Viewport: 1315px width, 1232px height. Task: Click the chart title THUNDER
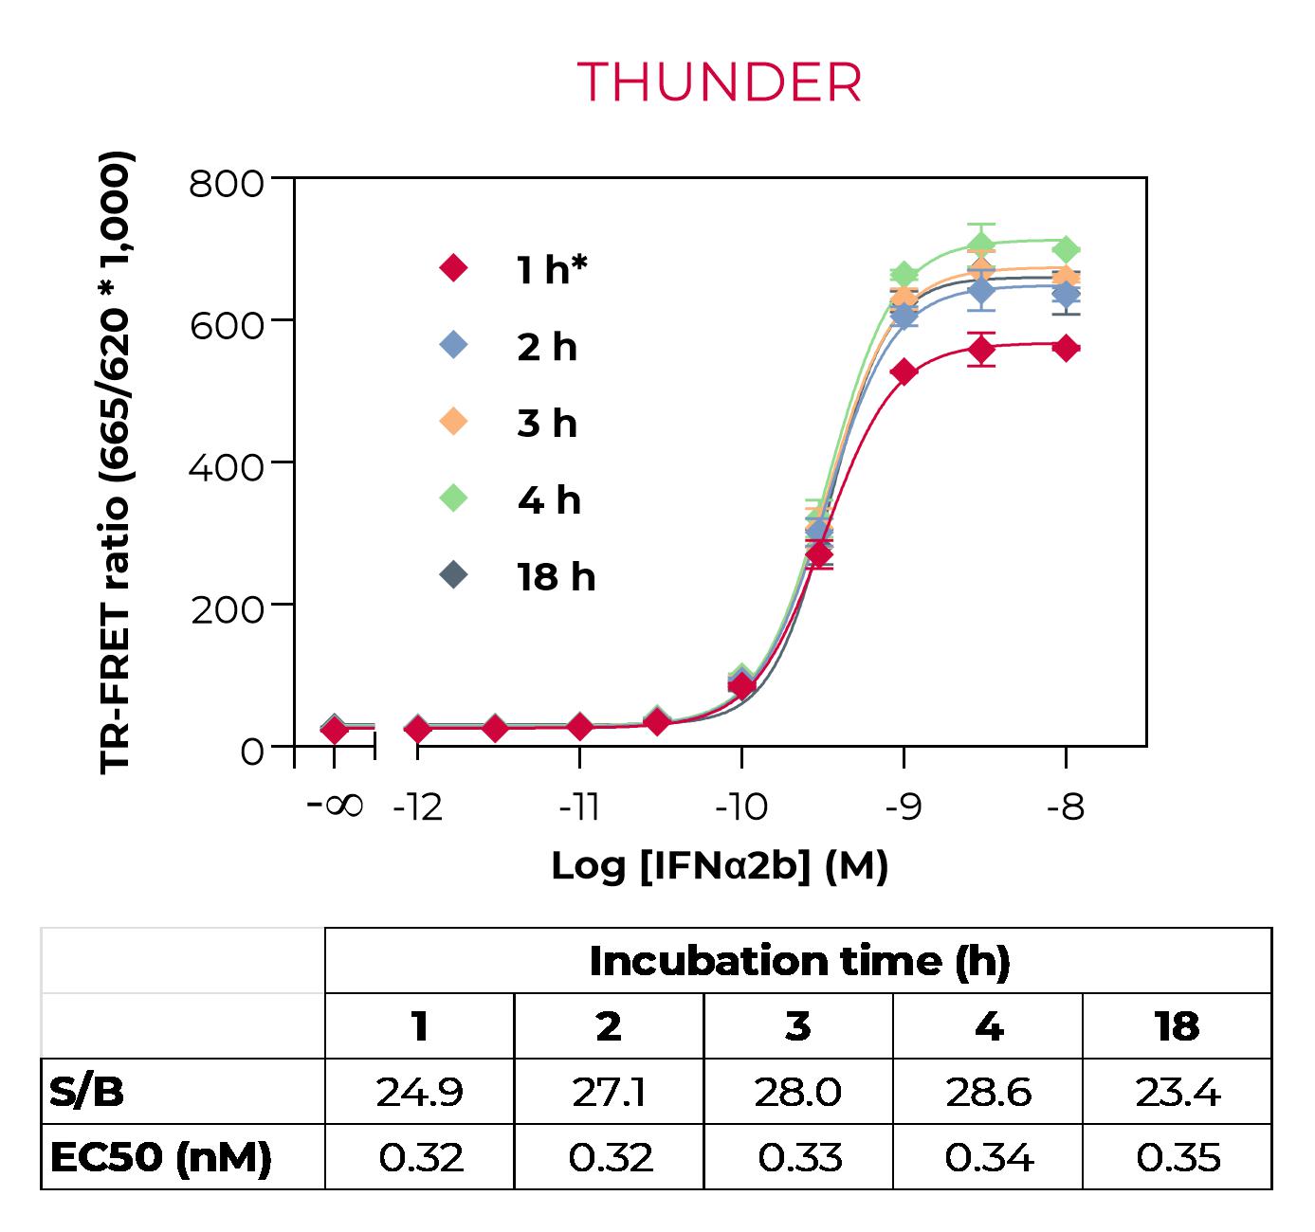point(720,82)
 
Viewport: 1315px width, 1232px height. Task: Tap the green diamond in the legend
point(455,498)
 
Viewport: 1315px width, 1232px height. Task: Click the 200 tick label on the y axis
point(227,609)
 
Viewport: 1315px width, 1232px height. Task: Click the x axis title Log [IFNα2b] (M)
point(720,866)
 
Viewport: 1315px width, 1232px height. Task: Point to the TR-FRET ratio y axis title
point(117,462)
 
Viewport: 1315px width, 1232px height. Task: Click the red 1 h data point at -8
point(1066,348)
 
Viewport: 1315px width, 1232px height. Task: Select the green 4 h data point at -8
point(1066,250)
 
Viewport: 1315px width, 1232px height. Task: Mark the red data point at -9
point(904,372)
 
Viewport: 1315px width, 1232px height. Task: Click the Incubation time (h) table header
point(798,961)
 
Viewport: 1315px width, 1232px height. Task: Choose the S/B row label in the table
point(86,1092)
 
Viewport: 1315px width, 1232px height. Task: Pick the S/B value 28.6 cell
point(987,1092)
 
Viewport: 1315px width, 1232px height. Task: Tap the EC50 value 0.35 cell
point(1177,1157)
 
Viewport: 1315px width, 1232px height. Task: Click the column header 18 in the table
point(1177,1026)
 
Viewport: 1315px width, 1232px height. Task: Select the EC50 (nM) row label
point(160,1157)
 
